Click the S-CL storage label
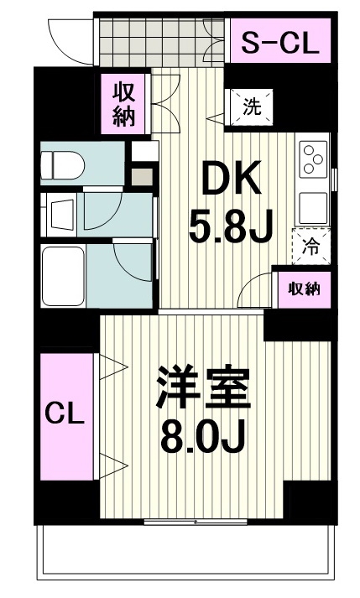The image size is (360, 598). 280,43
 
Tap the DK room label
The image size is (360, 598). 232,178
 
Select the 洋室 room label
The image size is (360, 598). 204,388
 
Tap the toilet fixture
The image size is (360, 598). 63,164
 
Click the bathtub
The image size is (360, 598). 63,276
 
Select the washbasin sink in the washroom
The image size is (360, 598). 61,215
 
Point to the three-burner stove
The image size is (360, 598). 313,159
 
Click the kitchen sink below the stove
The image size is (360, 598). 313,208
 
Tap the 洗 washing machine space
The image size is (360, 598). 253,107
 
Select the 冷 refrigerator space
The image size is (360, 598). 311,247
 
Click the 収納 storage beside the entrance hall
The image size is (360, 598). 123,104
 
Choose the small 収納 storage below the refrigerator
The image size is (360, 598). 305,289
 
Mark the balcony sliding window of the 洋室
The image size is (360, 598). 196,522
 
